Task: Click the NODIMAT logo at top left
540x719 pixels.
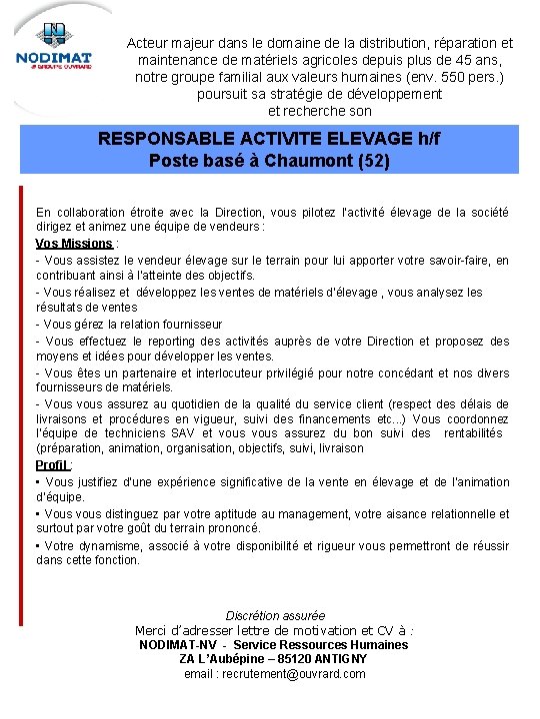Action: [54, 50]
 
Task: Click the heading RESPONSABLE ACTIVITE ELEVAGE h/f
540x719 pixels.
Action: [269, 139]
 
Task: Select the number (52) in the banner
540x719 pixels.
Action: [373, 160]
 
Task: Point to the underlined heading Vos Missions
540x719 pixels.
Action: [74, 244]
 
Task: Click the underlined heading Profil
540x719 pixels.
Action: [51, 465]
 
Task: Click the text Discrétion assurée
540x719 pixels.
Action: [275, 616]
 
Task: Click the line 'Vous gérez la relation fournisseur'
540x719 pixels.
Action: [129, 325]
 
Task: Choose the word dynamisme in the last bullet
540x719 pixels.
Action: [111, 546]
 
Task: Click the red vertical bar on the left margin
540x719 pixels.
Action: [20, 399]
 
